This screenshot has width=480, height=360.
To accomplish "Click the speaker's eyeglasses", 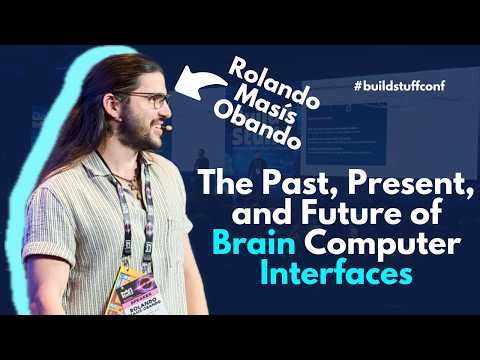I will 148,101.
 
